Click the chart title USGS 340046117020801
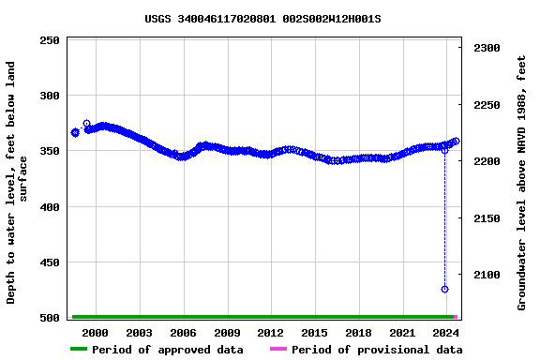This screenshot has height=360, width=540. coord(262,19)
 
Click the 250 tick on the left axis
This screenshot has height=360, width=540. coord(49,40)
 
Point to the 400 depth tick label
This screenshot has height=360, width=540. coord(49,207)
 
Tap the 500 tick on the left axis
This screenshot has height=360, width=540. coord(49,319)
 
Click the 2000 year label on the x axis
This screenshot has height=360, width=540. coord(96,333)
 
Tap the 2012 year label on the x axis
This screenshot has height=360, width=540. coord(270,333)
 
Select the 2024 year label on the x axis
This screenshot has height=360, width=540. coord(445,333)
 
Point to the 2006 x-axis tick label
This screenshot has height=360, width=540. coord(183,333)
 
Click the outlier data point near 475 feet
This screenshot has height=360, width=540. coord(444,289)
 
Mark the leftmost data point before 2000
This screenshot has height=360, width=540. coord(75,132)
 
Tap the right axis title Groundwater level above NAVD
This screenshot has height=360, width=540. coord(521,183)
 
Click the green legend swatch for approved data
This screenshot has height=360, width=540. coord(78,350)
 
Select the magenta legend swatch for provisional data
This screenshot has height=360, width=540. coord(277,350)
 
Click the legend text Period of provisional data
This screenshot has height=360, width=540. coord(376,350)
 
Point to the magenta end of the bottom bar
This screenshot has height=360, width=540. coord(456,317)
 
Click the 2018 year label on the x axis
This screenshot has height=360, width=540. coord(358,333)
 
